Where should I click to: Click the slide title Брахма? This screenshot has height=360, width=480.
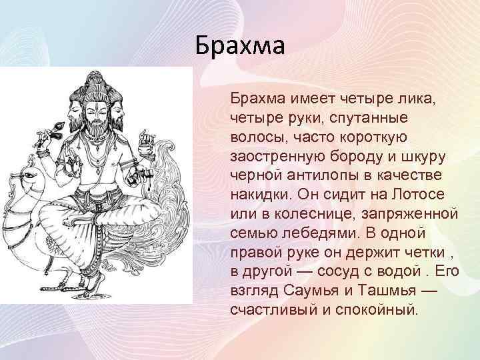point(241,47)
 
